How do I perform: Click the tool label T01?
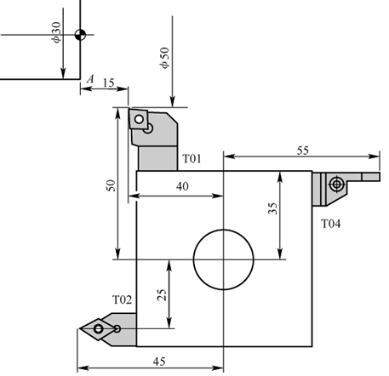(192, 159)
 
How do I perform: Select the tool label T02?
(123, 299)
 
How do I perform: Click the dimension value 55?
(304, 149)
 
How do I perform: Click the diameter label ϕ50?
(164, 57)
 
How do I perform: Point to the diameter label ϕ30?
(56, 34)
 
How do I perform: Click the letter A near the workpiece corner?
(89, 79)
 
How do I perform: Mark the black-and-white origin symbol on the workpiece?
(80, 35)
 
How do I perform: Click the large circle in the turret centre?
(224, 259)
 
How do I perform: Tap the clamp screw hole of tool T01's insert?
(148, 129)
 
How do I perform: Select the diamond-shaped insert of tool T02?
(100, 328)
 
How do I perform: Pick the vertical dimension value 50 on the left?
(108, 186)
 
